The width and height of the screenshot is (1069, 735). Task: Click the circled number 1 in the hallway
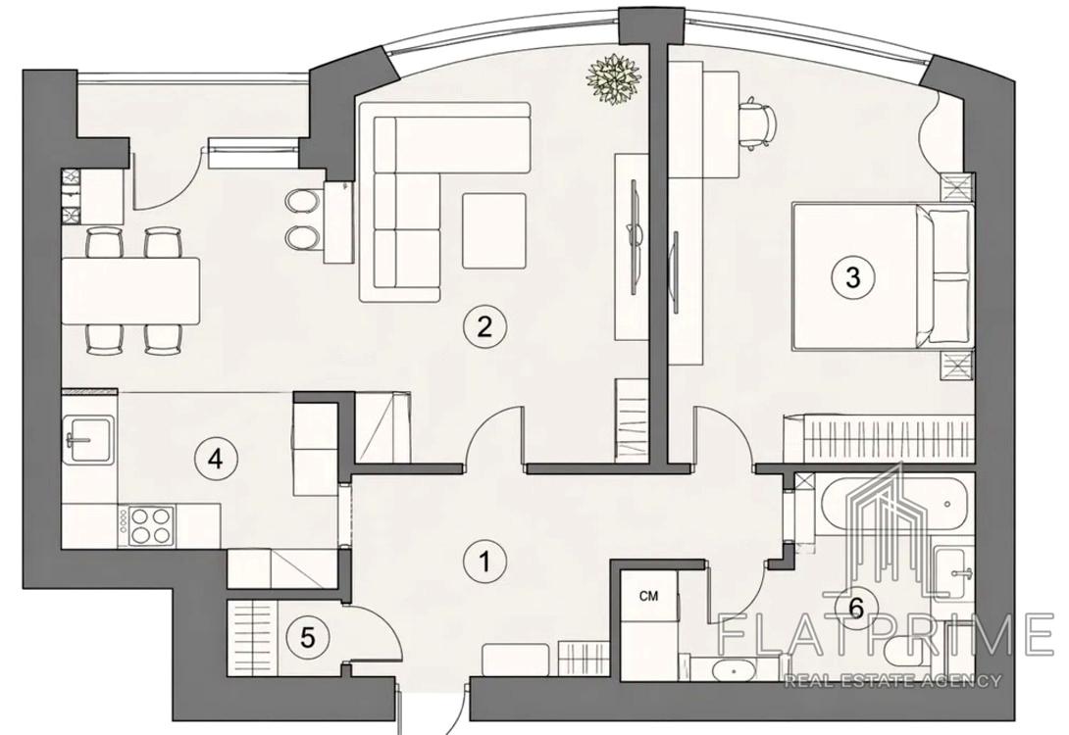484,562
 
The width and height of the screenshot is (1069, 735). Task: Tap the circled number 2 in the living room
484,327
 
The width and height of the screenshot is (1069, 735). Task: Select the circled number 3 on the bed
852,277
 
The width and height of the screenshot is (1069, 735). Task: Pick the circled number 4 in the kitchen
215,459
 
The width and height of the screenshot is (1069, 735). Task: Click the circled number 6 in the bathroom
857,607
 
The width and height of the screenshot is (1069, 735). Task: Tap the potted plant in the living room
614,78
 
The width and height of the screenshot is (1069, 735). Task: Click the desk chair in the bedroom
760,123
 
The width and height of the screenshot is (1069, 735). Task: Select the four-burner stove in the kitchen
147,525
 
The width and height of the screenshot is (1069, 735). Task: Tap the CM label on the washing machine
649,597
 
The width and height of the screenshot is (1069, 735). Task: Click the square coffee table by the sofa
494,231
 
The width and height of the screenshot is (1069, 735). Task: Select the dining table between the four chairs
130,291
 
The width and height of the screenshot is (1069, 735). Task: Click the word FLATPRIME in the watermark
887,633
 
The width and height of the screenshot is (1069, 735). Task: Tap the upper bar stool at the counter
302,201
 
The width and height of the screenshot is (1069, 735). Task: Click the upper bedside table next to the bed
957,186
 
